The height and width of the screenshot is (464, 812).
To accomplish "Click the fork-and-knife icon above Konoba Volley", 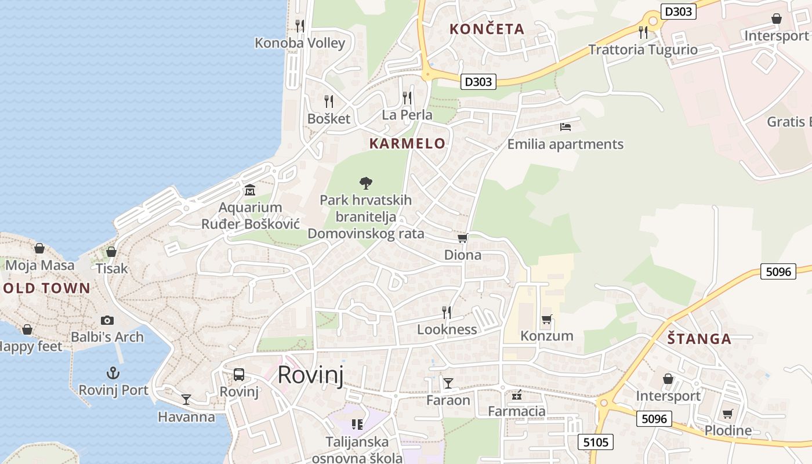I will point(299,26).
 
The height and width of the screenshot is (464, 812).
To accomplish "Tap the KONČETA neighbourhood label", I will point(487,28).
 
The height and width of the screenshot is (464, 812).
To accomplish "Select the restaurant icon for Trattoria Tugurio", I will point(643,32).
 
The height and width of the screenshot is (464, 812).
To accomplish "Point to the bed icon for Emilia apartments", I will point(565,126).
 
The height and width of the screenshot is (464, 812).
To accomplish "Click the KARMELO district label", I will point(407,143).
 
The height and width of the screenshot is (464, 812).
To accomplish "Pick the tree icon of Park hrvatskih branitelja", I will point(365,183).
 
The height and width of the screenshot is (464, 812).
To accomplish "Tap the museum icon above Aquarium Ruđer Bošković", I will point(250,190).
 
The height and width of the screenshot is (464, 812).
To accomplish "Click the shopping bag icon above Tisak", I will point(111,252).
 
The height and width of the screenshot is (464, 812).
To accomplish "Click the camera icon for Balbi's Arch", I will point(107,320).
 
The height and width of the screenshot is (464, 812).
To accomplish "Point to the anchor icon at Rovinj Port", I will point(113,373).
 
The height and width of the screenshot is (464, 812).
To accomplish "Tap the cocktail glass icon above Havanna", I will point(186,399).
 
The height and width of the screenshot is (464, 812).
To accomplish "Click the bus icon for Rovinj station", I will point(239,375).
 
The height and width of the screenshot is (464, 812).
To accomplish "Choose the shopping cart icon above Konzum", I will point(546,319).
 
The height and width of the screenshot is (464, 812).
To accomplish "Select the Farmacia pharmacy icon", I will point(516,395).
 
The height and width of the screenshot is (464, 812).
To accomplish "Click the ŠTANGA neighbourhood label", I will point(698,339).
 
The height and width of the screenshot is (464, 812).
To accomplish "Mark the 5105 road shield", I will point(596,443).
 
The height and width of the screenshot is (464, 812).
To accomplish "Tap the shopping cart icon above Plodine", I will point(727,414).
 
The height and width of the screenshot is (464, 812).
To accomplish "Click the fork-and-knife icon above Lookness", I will point(447,313).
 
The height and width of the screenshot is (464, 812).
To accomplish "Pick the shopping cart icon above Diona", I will point(462,238).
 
